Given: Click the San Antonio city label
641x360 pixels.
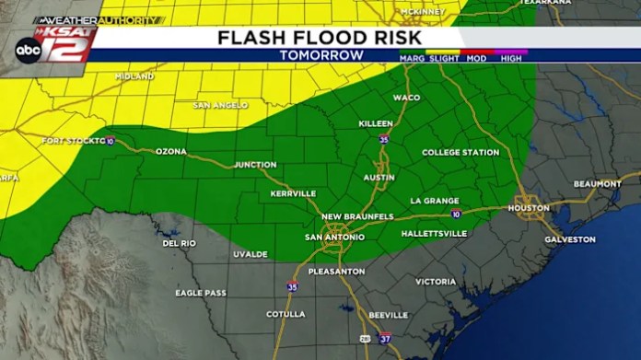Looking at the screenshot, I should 334,237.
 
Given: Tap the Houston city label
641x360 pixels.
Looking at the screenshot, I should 529,208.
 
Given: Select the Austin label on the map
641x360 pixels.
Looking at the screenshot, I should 379,177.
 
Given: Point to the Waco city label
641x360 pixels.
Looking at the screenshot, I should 406,98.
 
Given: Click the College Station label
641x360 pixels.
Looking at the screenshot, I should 460,152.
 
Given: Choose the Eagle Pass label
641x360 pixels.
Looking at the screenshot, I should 201,293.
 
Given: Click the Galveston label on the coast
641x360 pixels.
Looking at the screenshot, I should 570,238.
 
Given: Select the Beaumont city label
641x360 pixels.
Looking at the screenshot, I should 597,184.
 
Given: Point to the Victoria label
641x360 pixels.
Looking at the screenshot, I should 436,281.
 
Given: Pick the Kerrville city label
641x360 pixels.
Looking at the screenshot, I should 293,193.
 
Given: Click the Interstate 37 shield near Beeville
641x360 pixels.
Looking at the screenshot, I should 384,339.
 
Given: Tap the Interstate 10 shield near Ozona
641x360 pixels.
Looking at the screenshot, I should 110,141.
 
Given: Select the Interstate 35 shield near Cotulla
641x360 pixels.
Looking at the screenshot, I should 292,287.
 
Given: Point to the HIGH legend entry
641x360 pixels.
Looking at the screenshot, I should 511,58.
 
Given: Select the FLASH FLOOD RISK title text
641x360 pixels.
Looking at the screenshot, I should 320,38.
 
